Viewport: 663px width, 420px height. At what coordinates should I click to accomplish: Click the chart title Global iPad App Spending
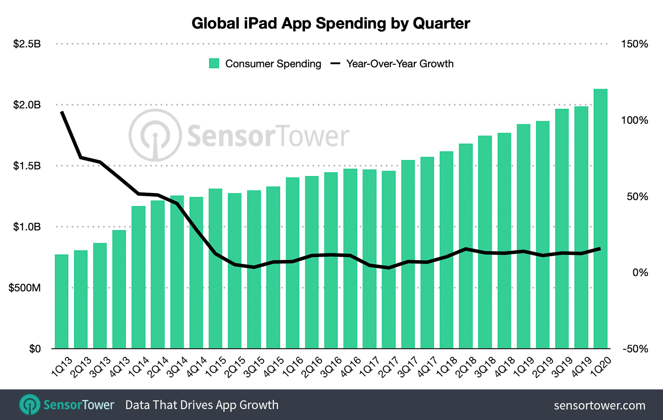pyautogui.click(x=331, y=23)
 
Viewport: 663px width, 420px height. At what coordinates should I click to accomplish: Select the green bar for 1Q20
pyautogui.click(x=600, y=219)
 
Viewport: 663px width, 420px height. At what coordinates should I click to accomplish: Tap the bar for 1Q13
pyautogui.click(x=62, y=301)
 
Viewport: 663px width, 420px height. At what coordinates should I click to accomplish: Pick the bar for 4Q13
pyautogui.click(x=119, y=289)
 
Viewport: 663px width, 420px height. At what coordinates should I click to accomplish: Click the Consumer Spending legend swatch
pyautogui.click(x=214, y=63)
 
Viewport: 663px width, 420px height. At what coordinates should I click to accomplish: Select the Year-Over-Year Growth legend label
pyautogui.click(x=400, y=63)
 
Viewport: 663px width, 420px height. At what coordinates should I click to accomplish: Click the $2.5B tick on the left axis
pyautogui.click(x=27, y=44)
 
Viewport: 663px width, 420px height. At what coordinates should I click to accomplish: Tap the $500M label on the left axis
pyautogui.click(x=25, y=288)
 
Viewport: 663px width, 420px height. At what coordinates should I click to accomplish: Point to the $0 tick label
pyautogui.click(x=35, y=349)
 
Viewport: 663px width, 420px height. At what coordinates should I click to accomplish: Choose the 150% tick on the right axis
pyautogui.click(x=635, y=44)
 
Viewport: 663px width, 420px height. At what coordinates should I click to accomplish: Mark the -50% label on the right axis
pyautogui.click(x=635, y=349)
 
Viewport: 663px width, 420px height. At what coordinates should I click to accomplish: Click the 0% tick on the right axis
pyautogui.click(x=640, y=273)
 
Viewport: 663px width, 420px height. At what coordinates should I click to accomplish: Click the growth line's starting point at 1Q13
pyautogui.click(x=62, y=112)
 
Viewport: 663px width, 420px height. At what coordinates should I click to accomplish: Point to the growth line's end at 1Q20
pyautogui.click(x=600, y=248)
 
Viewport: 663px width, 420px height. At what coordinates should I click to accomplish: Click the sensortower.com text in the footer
pyautogui.click(x=599, y=405)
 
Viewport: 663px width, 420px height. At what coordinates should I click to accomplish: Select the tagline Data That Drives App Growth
pyautogui.click(x=202, y=405)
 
